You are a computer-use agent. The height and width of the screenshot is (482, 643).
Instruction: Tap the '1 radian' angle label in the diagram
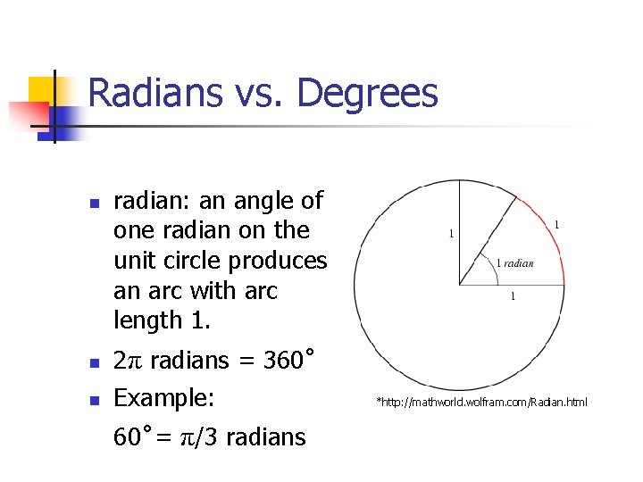coord(514,262)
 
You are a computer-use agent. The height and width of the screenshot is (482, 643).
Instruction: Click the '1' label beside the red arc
coord(557,225)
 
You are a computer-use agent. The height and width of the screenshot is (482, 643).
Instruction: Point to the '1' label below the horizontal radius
coord(512,296)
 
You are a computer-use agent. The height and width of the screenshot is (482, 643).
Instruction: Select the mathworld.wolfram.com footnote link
coord(482,403)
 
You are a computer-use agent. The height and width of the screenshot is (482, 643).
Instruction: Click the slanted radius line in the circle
coord(488,240)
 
